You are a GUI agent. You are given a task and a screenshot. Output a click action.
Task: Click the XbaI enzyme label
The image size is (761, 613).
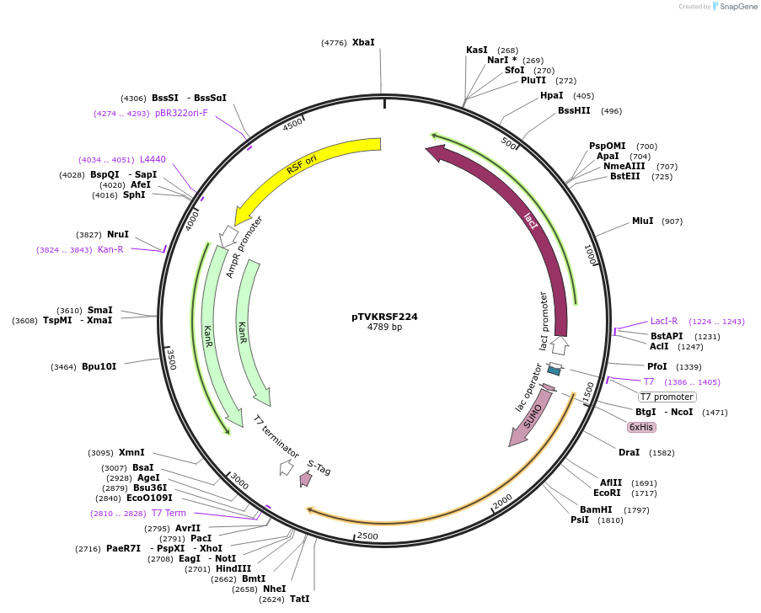point(363,42)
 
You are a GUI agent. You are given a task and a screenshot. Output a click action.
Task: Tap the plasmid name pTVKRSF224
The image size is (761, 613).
point(384,317)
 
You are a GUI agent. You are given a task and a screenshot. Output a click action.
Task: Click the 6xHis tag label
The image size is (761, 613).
point(641,427)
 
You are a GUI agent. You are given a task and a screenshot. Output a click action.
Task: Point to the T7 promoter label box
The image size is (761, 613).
point(667,397)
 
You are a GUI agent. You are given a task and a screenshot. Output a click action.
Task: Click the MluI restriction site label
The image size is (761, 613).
point(642,221)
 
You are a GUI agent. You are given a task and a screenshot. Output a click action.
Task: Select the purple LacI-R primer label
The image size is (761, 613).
point(664,321)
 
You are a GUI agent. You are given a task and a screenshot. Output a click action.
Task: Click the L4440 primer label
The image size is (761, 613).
point(153,159)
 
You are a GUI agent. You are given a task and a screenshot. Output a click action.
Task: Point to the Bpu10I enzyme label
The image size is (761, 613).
point(99,366)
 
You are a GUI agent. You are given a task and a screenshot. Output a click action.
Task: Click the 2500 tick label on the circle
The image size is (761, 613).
point(367,536)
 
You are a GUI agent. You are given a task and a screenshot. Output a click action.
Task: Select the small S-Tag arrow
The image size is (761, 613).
point(306,478)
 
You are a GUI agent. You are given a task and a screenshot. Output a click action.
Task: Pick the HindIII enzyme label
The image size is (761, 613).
point(233,568)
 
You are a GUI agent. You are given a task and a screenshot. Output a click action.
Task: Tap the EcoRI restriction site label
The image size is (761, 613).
point(607,493)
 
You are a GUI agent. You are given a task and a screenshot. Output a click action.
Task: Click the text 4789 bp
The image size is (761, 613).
point(384,327)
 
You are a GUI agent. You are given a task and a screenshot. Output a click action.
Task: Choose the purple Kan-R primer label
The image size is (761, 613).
point(110,249)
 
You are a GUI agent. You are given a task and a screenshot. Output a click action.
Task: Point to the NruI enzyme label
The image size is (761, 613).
point(118,234)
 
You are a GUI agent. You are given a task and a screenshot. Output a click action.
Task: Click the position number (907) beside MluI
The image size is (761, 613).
point(672,221)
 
